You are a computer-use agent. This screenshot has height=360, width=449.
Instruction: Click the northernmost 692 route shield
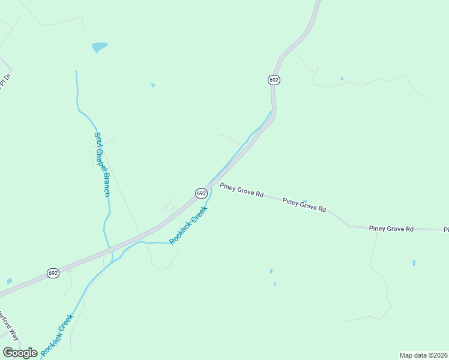pos(274,80)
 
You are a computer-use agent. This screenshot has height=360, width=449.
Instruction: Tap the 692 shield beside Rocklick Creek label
pos(201,193)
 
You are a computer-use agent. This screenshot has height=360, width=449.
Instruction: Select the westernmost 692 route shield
pos(53,273)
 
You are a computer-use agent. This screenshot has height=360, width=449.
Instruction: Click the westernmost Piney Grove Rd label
pos(241,190)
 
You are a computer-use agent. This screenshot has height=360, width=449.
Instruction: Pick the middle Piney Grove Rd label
pos(304,206)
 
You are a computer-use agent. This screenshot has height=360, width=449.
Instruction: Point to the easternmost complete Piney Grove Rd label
pos(391,229)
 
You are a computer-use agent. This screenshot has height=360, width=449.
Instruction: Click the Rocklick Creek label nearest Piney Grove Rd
pos(188,225)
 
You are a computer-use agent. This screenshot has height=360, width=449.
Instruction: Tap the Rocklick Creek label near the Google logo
pos(57,332)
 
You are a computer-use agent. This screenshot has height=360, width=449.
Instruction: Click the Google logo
pos(20,353)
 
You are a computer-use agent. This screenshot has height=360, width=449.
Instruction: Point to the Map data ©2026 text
pos(424,355)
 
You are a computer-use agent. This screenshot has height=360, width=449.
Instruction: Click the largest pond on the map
pos(99,47)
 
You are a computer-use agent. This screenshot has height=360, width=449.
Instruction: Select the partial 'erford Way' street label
pos(8,324)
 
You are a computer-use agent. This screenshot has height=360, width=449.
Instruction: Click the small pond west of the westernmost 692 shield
pos(9,281)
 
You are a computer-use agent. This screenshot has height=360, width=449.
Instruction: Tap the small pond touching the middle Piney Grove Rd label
pos(305,201)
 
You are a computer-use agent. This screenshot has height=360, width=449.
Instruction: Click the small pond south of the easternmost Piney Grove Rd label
pos(414,263)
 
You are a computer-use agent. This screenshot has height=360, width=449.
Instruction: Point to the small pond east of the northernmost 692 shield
pos(342,79)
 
